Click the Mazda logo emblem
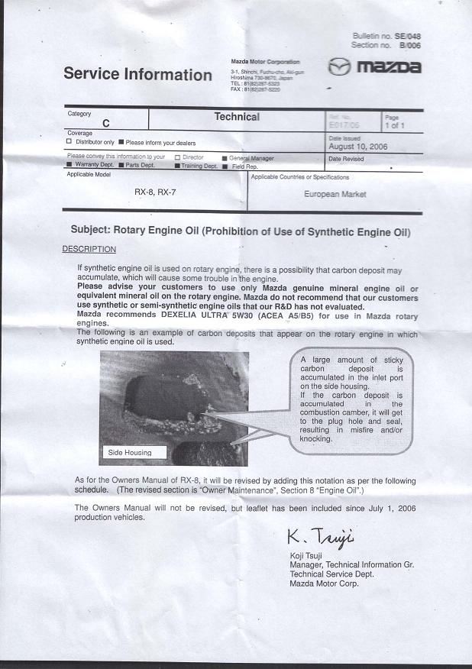coord(339,67)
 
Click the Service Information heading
coord(137,74)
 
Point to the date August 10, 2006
coord(357,145)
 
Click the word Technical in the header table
coord(237,117)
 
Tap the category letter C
coord(105,123)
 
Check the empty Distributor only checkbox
coord(70,142)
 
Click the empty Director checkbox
coord(177,157)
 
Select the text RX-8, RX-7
coord(155,192)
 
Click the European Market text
coord(335,194)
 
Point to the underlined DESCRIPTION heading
coord(89,249)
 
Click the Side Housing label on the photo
coord(130,452)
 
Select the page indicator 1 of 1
coord(395,126)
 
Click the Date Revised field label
coord(346,159)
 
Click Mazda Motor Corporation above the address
coord(265,61)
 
